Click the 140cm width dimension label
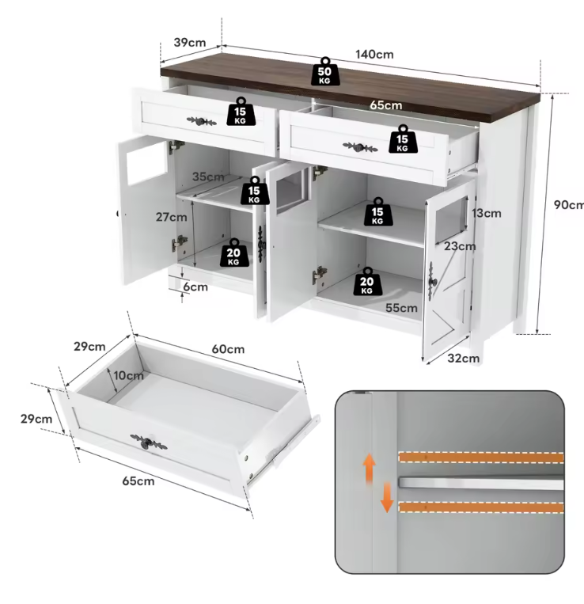tap(374, 55)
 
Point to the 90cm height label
tap(568, 205)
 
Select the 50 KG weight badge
tap(324, 70)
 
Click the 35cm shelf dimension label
tap(208, 177)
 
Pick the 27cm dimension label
tap(172, 217)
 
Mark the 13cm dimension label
tap(487, 213)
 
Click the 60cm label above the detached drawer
tap(228, 349)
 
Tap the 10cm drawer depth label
tap(128, 375)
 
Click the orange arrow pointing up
tap(369, 467)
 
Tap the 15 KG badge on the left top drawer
tap(241, 112)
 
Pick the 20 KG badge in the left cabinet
tap(233, 253)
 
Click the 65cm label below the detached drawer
tap(138, 481)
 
